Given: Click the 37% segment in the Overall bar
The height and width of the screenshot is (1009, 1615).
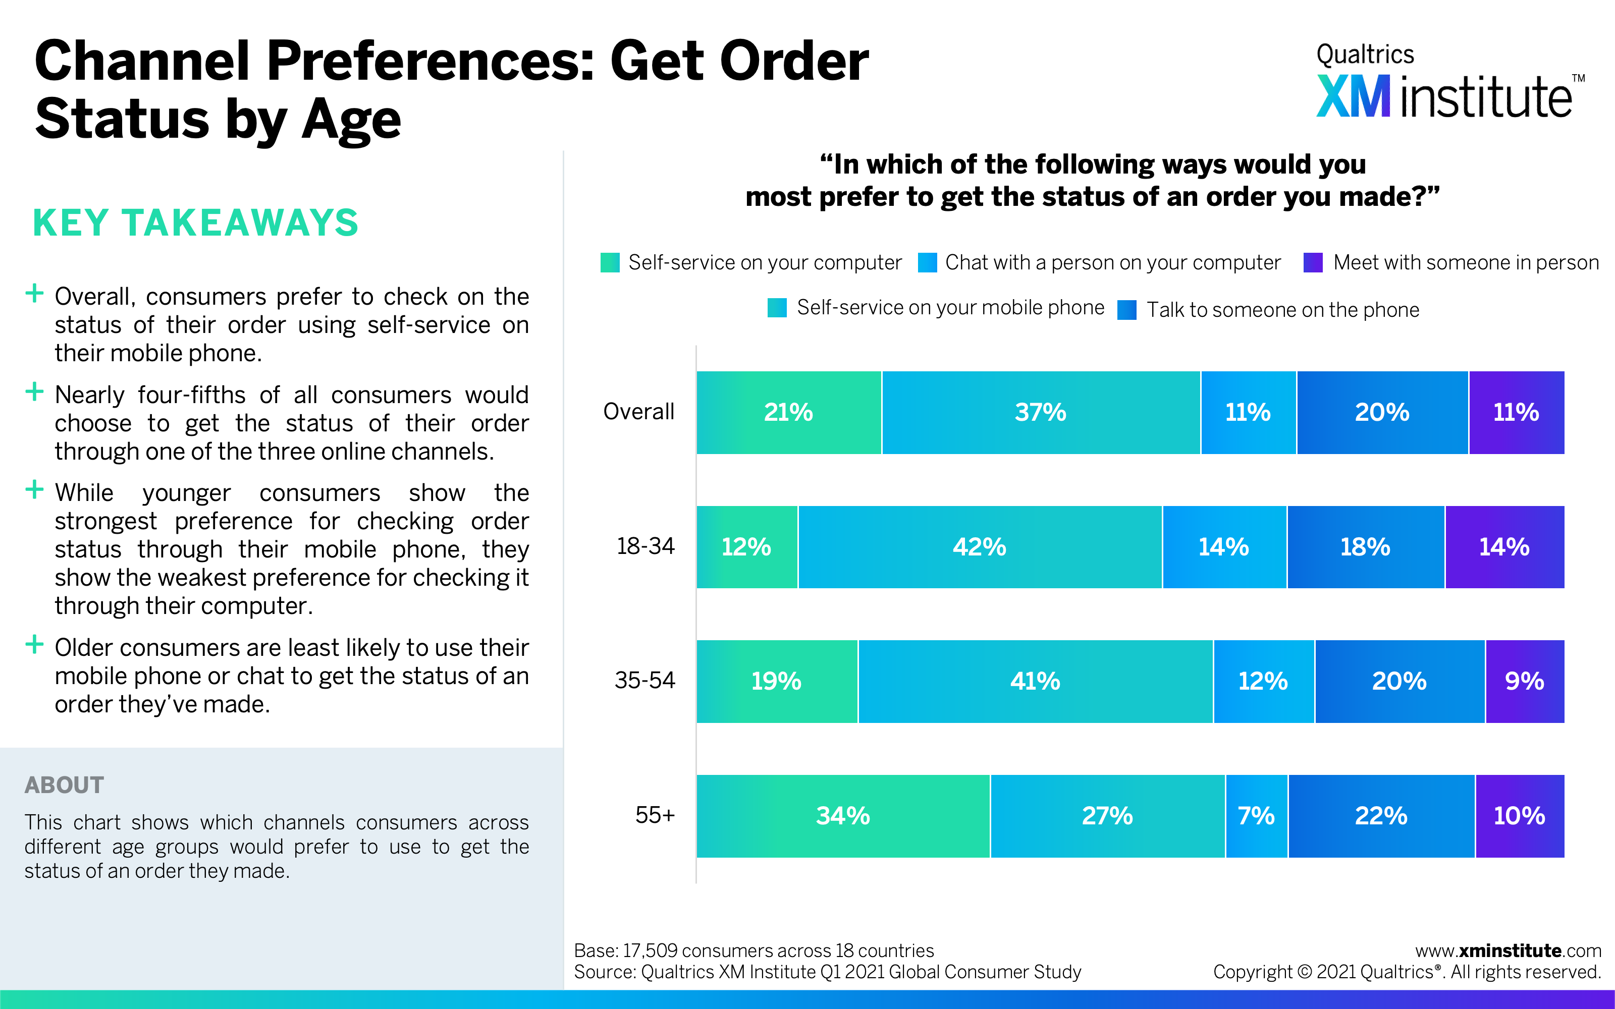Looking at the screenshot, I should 1040,412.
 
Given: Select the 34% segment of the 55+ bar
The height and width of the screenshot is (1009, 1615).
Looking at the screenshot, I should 843,815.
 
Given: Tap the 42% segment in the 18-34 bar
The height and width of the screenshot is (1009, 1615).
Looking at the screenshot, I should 979,547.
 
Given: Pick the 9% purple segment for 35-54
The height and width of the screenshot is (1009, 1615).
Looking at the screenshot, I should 1524,682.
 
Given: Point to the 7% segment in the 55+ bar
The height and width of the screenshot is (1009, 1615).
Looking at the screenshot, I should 1256,815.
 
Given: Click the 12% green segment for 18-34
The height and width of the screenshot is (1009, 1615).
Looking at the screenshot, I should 746,547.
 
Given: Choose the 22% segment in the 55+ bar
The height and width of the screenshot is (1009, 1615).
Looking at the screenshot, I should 1381,815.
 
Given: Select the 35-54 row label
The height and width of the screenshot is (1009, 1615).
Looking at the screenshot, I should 644,681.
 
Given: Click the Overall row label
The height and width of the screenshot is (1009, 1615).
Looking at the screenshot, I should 638,412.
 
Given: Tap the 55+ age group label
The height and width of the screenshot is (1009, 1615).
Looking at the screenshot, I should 655,815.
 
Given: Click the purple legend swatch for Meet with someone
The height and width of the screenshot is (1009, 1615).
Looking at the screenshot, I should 1313,263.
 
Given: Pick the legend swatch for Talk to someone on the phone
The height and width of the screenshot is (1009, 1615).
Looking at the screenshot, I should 1127,310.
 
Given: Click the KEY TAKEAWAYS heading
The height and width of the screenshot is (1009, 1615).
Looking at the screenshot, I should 195,223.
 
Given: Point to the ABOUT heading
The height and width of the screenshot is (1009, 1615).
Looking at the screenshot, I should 64,785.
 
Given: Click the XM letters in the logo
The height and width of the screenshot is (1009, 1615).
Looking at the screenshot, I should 1354,97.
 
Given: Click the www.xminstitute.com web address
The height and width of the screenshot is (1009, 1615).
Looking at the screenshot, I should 1508,950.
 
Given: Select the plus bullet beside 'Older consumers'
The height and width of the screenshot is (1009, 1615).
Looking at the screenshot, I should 34,645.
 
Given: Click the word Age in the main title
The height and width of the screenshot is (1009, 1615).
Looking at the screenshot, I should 351,120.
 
